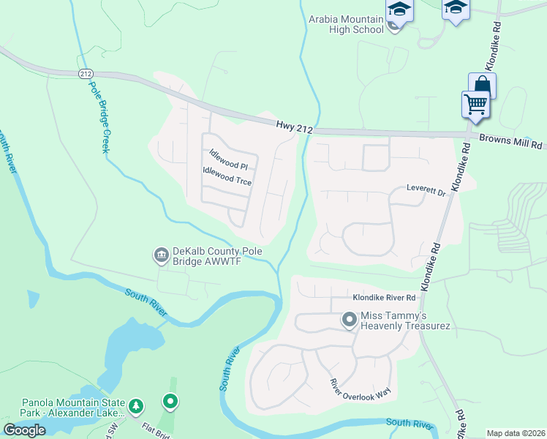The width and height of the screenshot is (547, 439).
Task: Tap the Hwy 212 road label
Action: tap(295, 128)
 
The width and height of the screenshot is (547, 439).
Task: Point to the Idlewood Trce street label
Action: tap(227, 175)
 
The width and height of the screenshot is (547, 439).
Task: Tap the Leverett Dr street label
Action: tap(426, 192)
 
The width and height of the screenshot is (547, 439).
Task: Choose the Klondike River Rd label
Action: tap(384, 298)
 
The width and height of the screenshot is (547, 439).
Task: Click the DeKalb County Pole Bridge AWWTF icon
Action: tap(160, 255)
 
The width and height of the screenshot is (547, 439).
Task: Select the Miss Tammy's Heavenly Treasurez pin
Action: tap(350, 320)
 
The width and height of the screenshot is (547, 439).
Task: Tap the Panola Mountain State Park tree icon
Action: tap(135, 405)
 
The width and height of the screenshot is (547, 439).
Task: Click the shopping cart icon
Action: tap(475, 104)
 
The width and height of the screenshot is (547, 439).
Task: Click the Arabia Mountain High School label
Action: tap(346, 24)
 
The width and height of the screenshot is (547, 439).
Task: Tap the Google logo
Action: tap(24, 430)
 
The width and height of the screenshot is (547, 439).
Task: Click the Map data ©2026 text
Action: tap(516, 433)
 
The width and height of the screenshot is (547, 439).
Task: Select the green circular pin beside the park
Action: tap(170, 401)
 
